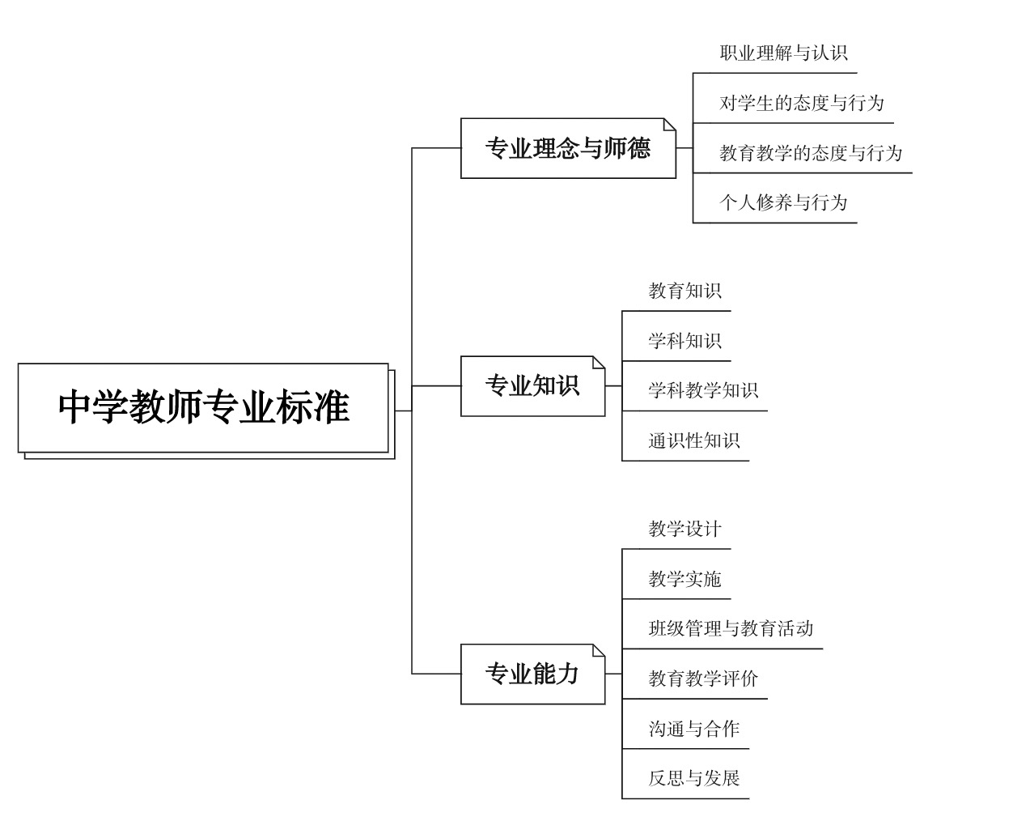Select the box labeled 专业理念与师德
568,148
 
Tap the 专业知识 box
532,386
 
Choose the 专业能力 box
532,674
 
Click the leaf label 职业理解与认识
783,53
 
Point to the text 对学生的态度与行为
801,103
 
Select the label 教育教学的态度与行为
811,153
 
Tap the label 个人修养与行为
783,202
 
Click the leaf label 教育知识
685,291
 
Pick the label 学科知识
685,341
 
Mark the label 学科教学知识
703,391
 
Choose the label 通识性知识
694,440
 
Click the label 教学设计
685,529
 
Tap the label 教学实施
685,579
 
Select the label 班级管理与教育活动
731,629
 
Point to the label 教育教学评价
703,678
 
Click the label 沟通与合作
694,729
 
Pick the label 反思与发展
694,778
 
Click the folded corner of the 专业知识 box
598,363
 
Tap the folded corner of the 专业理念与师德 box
669,125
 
